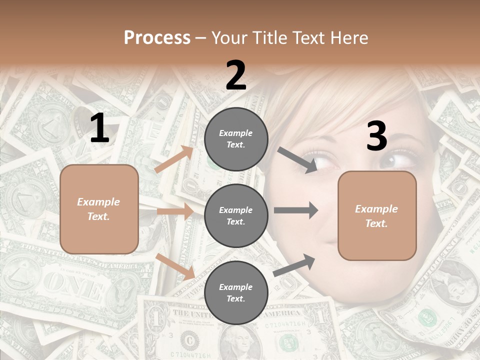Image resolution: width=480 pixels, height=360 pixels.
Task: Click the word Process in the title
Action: coord(157,38)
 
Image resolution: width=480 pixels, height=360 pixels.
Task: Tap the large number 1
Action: coord(99,128)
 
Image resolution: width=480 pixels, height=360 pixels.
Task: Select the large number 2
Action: coord(236,75)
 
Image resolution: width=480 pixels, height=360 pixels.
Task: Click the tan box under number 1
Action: coord(99,209)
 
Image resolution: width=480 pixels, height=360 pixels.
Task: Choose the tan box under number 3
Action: coord(377,215)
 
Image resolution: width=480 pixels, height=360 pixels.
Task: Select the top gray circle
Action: coord(236,139)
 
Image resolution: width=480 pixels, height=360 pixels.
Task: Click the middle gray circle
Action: coord(236,215)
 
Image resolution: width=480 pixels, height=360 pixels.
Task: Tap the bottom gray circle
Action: coord(236,292)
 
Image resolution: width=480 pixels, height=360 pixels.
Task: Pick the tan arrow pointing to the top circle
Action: coord(174,159)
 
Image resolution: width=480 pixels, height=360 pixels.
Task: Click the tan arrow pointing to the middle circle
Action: coord(175,211)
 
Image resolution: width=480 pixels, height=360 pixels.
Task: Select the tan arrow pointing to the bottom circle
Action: coord(175,266)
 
